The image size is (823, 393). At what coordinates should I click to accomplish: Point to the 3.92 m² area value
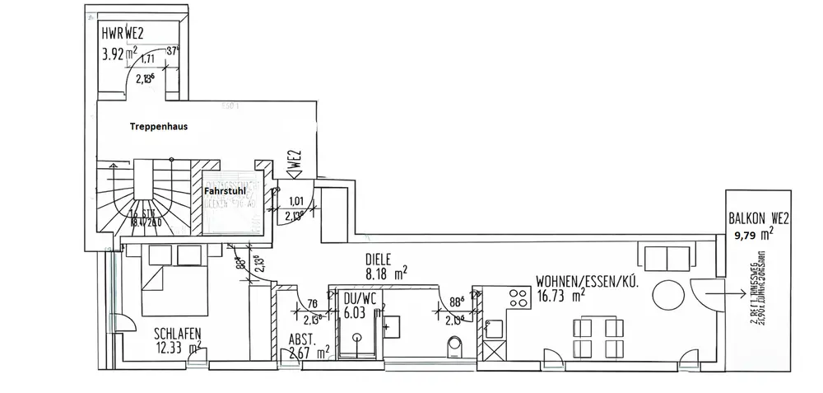click(x=119, y=56)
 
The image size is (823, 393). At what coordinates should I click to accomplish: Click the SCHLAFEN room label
click(x=178, y=335)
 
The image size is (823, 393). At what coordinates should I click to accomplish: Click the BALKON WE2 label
click(x=759, y=220)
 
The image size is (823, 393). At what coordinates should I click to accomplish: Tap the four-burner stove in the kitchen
click(x=520, y=297)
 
